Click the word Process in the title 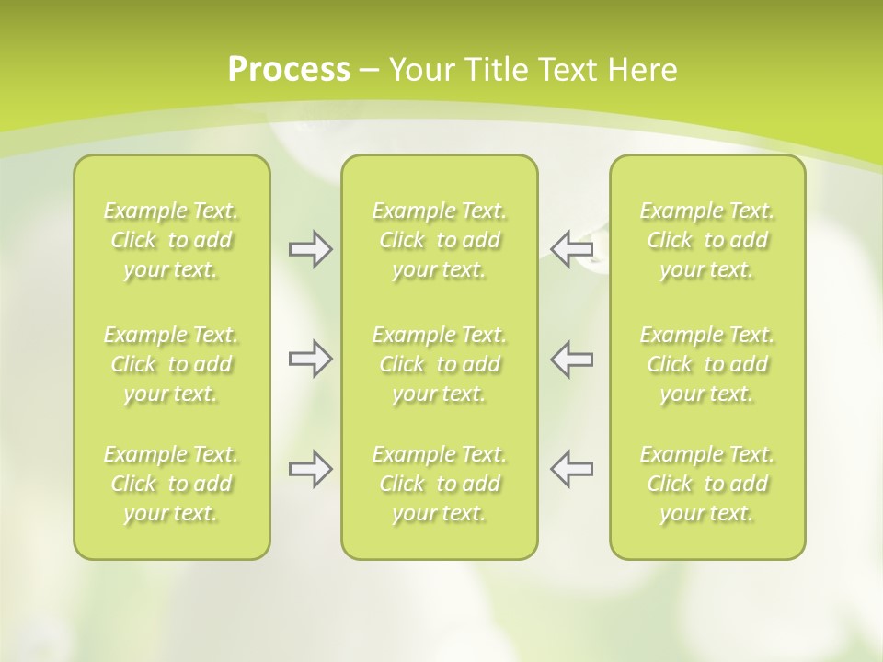(x=289, y=70)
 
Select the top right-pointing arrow (x=311, y=249)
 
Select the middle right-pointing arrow (x=311, y=359)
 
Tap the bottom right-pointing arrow (x=311, y=469)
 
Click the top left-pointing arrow (x=571, y=248)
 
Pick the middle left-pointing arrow (x=571, y=359)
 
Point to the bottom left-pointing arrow (x=571, y=469)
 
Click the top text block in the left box (x=171, y=240)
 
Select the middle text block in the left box (x=171, y=364)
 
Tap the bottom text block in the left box (x=171, y=484)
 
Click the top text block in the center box (x=439, y=240)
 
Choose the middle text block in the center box (x=439, y=364)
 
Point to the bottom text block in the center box (x=439, y=484)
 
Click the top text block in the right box (x=706, y=240)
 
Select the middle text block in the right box (x=706, y=364)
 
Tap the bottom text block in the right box (x=706, y=484)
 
